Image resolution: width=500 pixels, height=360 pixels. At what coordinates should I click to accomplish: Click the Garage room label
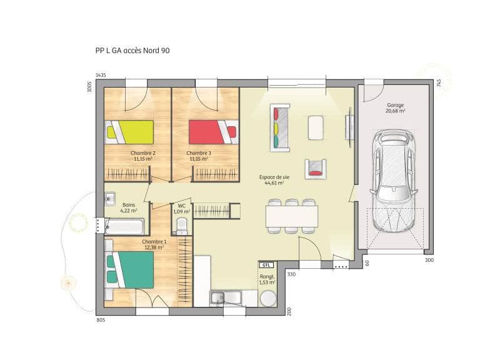point(395,105)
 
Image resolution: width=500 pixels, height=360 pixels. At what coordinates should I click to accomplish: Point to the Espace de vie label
point(272,177)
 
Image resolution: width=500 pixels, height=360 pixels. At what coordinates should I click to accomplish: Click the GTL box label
point(267,265)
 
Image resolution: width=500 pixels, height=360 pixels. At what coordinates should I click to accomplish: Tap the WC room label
point(181,205)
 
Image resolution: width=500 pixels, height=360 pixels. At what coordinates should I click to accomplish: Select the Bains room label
point(129,205)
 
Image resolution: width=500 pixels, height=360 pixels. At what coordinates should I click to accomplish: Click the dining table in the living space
point(291,216)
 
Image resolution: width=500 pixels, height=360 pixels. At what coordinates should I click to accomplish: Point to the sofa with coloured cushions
point(280,127)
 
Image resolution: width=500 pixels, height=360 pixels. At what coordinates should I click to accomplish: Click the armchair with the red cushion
point(316,167)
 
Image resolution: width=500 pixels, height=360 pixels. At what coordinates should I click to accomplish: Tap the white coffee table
point(316,127)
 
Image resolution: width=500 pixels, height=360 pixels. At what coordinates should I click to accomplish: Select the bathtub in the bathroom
point(126,225)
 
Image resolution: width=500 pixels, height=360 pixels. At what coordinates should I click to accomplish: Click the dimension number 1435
point(101,75)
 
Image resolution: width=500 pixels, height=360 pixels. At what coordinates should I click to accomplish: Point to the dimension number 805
point(101,320)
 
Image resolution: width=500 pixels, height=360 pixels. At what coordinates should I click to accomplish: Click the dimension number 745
point(439,82)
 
